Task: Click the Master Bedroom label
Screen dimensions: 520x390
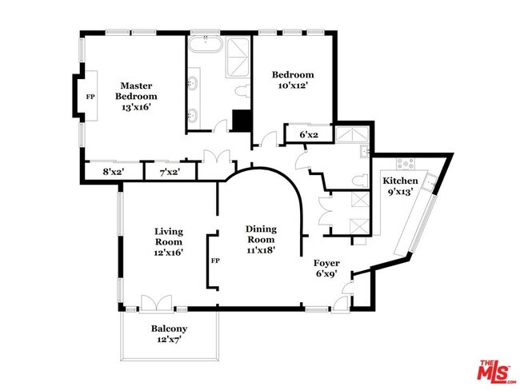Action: [136, 91]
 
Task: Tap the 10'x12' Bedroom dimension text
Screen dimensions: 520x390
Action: [291, 86]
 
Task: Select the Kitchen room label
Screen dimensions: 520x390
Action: [400, 181]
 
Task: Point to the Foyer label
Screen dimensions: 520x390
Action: [326, 263]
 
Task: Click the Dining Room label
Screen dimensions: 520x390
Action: [261, 234]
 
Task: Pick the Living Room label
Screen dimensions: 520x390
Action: [169, 237]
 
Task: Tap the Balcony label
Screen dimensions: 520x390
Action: [169, 328]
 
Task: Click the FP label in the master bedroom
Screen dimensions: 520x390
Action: [90, 97]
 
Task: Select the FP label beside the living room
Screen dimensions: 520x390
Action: [215, 261]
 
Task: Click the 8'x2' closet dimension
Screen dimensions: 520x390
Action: [113, 172]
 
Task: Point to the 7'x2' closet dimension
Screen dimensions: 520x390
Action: [170, 173]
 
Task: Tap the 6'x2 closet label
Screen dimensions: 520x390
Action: [309, 135]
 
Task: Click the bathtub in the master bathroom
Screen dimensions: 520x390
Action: [206, 44]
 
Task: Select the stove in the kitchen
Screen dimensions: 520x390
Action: [406, 163]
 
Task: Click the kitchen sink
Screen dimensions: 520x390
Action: [430, 181]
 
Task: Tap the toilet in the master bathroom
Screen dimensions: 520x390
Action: [242, 91]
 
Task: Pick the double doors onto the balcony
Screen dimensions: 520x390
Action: [157, 304]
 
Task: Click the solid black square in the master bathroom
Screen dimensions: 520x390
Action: [242, 121]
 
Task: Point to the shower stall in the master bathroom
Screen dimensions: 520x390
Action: [238, 58]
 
